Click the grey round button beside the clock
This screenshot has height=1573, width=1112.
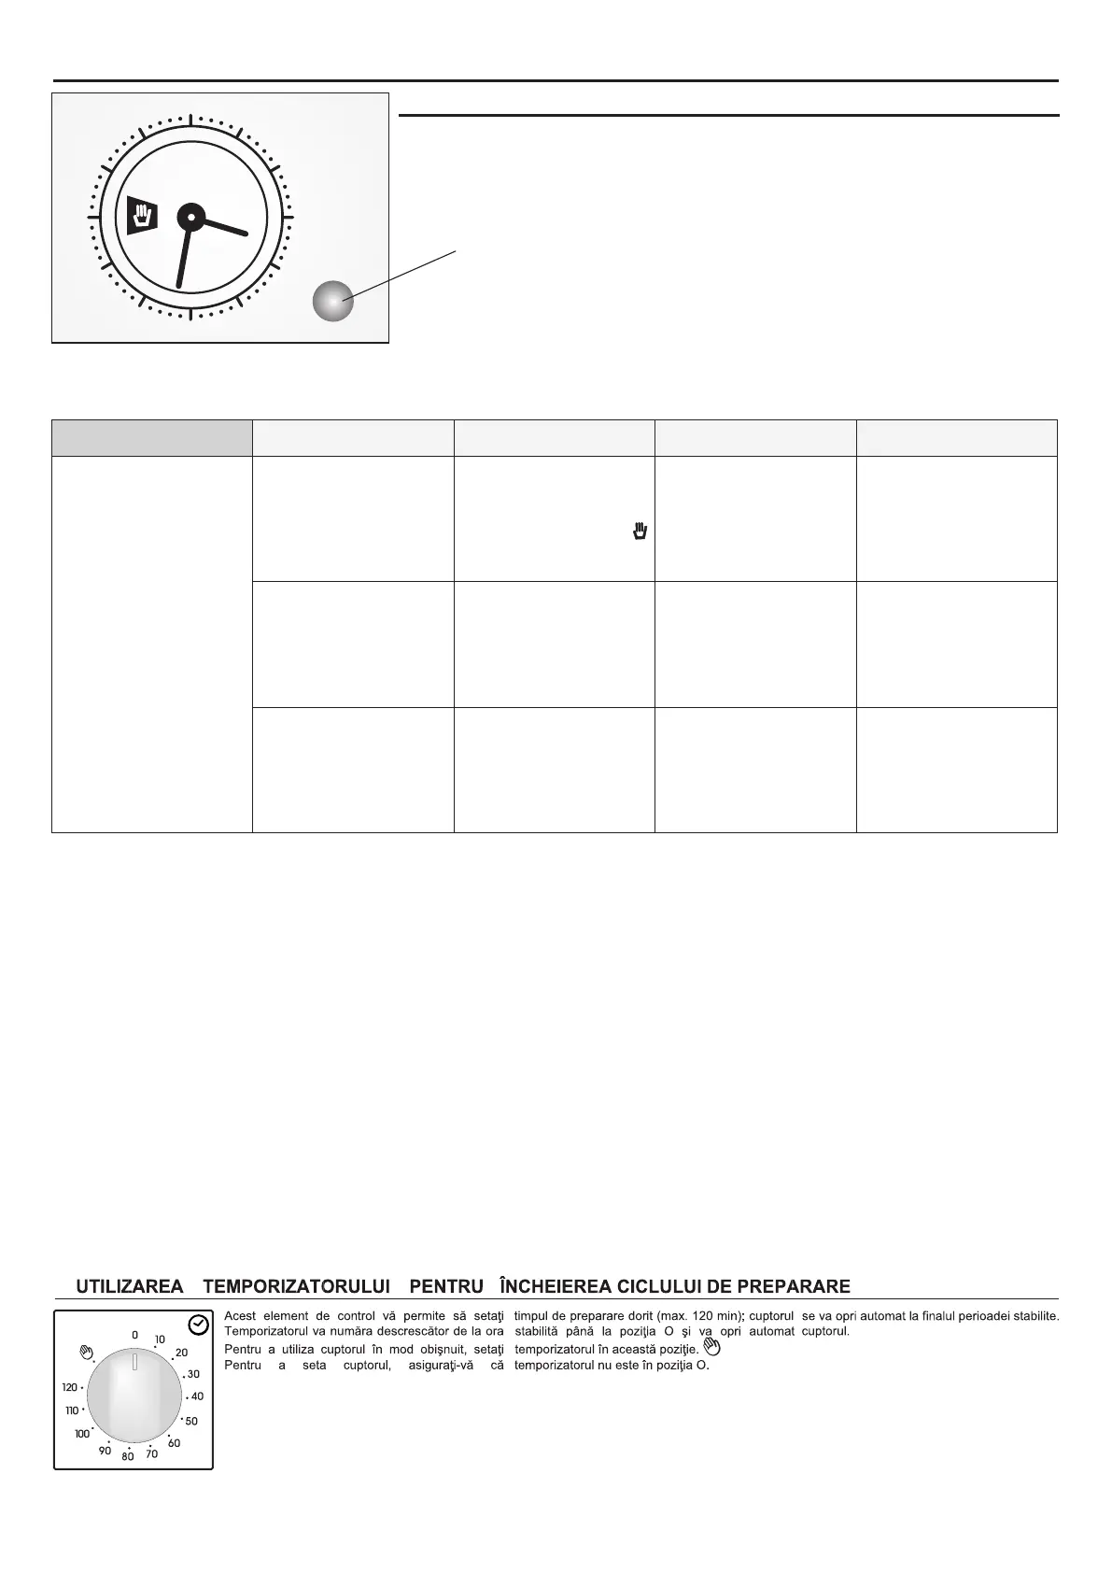pos(332,301)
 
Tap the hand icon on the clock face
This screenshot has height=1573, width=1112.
pos(142,216)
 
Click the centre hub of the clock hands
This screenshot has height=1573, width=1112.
pos(190,217)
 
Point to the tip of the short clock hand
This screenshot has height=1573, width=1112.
pos(246,234)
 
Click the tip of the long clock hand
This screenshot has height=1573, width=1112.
pos(178,286)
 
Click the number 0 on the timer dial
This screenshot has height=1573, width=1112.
pos(134,1336)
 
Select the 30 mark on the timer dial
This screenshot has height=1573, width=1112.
pos(193,1374)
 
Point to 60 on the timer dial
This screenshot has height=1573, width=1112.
pos(174,1443)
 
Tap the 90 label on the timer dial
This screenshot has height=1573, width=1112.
pos(105,1451)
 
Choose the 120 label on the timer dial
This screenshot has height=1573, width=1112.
pos(70,1388)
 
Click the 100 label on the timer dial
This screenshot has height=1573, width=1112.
pos(82,1434)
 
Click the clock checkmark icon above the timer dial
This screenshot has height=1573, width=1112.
pos(198,1325)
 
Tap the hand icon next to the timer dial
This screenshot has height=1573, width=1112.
pos(88,1351)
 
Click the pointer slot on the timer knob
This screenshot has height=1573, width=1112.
pos(134,1361)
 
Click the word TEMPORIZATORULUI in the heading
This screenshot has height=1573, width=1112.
pos(296,1286)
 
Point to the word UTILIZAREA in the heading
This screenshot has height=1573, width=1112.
pos(129,1286)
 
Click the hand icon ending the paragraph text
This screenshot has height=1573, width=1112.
pos(711,1347)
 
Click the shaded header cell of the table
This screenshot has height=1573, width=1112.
pos(151,438)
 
